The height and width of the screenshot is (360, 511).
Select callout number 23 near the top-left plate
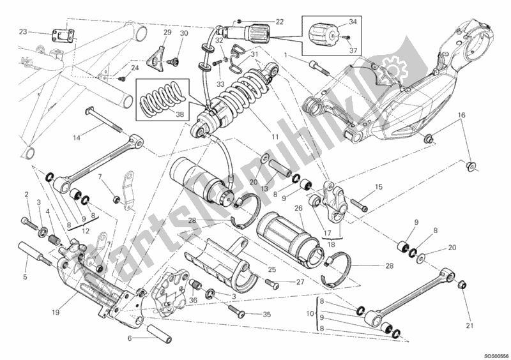23,32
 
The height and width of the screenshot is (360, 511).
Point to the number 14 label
77,137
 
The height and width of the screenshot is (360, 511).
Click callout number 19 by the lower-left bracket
26,277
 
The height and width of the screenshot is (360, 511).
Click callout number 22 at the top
279,22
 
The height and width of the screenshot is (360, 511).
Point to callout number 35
267,314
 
